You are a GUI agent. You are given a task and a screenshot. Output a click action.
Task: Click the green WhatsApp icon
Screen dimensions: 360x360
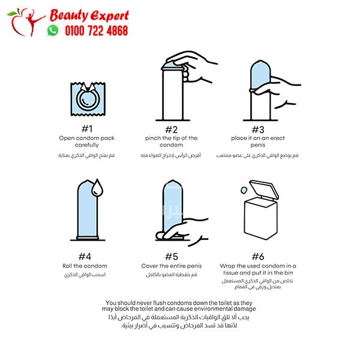click(x=53, y=31)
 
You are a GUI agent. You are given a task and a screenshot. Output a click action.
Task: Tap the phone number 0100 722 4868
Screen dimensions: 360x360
click(x=97, y=31)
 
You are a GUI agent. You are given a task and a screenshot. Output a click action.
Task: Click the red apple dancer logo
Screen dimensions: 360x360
click(x=26, y=22)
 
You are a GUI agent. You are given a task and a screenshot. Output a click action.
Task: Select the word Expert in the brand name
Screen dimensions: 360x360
click(x=109, y=16)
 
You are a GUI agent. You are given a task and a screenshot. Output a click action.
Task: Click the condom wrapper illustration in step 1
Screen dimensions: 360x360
click(x=88, y=99)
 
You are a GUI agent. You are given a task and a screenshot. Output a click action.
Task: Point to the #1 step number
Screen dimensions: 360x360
click(x=87, y=129)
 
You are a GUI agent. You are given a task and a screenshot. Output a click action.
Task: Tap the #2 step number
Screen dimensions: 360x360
click(x=171, y=130)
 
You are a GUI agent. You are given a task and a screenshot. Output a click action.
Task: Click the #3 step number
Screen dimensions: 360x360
click(x=258, y=130)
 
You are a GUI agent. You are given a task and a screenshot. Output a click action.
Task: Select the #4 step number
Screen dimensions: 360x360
click(x=85, y=256)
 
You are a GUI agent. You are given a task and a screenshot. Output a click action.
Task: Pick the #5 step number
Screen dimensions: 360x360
click(x=171, y=256)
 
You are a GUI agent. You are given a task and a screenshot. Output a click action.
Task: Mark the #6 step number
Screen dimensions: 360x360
click(x=258, y=256)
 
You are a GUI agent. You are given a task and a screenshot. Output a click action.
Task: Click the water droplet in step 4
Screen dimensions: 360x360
click(x=97, y=188)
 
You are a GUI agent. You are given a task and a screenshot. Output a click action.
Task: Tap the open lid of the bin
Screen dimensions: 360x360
click(x=264, y=189)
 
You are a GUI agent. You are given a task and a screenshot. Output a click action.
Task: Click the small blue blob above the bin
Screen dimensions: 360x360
click(x=244, y=190)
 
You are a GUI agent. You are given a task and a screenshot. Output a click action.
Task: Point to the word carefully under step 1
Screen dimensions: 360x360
click(x=87, y=145)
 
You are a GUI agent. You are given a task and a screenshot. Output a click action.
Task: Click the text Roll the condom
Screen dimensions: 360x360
click(x=85, y=266)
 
